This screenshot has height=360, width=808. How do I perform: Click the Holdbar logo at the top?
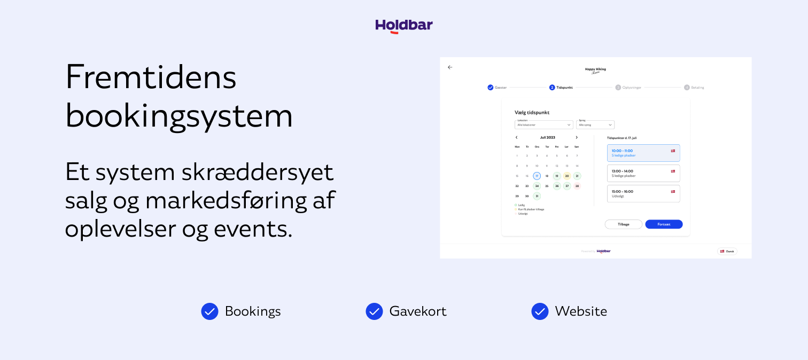tap(404, 26)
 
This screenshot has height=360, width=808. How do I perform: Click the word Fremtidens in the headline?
tap(151, 77)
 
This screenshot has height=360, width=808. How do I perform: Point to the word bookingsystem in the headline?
tap(179, 115)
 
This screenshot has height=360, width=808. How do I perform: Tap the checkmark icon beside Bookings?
tap(209, 311)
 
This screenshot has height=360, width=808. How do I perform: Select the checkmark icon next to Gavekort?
tap(374, 311)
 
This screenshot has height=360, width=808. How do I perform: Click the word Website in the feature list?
tap(581, 311)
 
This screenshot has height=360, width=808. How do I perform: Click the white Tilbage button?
tap(623, 224)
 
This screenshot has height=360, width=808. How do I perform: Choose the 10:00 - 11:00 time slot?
tap(643, 153)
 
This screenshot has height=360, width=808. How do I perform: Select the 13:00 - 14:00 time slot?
tap(643, 173)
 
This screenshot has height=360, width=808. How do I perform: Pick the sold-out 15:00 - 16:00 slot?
tap(643, 193)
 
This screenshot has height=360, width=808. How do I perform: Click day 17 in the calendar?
tap(537, 176)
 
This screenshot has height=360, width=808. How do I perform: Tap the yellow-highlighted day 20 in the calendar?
tap(567, 176)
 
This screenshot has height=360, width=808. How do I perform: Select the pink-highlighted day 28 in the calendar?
tap(577, 186)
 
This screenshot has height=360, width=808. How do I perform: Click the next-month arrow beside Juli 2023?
tap(577, 137)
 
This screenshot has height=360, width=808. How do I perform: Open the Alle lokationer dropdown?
tap(543, 125)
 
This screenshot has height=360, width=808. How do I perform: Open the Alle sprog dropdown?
tap(595, 125)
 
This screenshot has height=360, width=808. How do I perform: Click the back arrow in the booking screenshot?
tap(450, 67)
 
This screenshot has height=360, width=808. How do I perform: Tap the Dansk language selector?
tap(727, 251)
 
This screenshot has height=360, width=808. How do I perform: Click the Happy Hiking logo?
tap(595, 70)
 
